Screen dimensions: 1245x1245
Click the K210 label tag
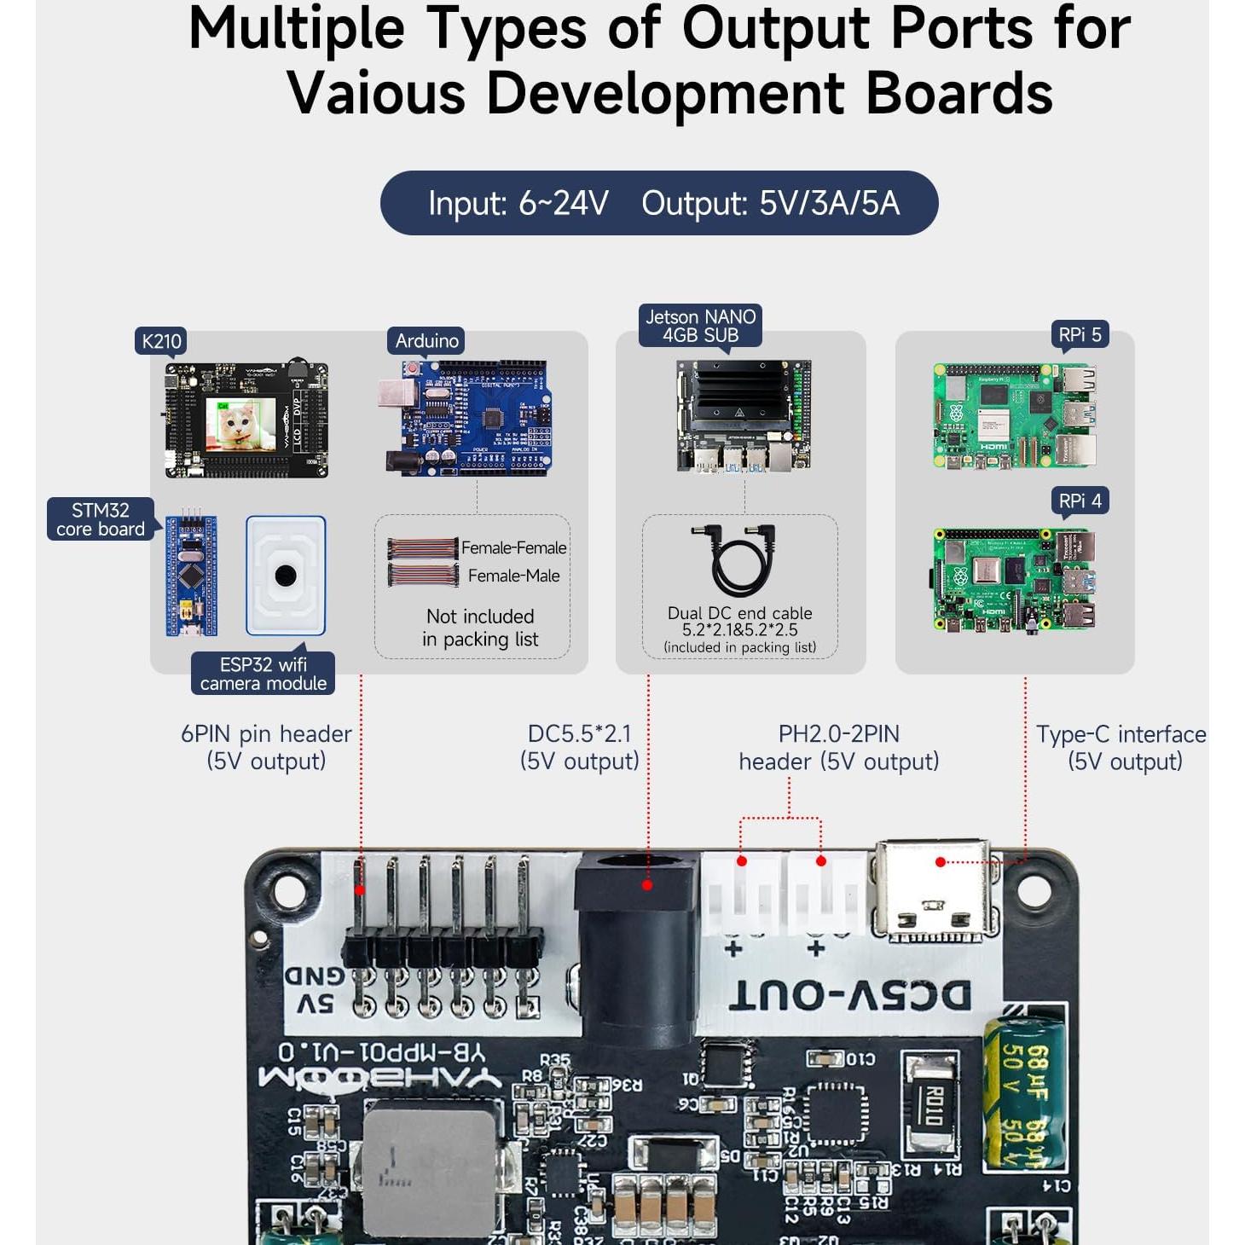click(x=161, y=341)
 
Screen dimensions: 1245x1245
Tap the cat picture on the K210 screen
click(x=240, y=424)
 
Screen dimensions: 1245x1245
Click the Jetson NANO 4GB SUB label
click(x=700, y=326)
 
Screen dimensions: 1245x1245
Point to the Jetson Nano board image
click(x=743, y=415)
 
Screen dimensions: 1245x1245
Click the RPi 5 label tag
click(x=1079, y=335)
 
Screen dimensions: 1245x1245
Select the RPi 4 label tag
click(x=1079, y=501)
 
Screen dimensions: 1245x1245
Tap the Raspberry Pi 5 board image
click(x=1015, y=416)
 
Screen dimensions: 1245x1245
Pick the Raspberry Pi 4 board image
click(x=1015, y=581)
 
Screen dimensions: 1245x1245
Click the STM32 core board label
click(x=101, y=519)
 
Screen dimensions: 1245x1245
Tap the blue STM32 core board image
click(x=191, y=576)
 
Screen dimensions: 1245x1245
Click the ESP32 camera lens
click(x=286, y=576)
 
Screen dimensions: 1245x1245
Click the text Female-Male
click(x=513, y=576)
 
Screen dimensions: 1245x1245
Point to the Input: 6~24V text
click(x=518, y=204)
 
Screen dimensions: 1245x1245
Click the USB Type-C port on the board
click(x=931, y=892)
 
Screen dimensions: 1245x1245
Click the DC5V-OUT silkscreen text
click(x=850, y=995)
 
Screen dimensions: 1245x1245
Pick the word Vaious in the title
click(x=376, y=93)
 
